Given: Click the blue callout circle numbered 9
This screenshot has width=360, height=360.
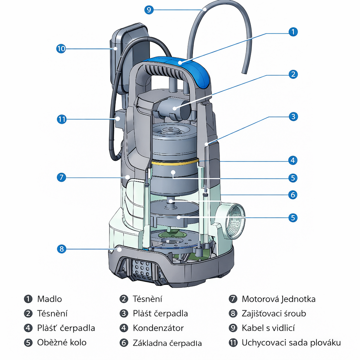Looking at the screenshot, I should coord(149,10).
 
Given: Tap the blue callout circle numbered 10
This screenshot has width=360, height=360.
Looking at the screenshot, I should coord(61,49).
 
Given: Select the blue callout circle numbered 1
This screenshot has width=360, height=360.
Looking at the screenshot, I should coord(293,32).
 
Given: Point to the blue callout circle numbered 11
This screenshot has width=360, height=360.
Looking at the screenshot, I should coord(62,119).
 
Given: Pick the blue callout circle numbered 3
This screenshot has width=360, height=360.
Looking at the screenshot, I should coord(293,116).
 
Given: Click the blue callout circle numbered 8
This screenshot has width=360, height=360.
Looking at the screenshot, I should coord(62,248).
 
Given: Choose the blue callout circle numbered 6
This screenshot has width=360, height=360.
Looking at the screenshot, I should coord(293,195).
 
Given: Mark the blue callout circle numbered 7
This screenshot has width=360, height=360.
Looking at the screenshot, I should coord(62,177).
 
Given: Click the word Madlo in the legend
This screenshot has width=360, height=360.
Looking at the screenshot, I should coord(50,299).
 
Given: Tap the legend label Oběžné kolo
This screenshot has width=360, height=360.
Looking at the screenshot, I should coord(62,343).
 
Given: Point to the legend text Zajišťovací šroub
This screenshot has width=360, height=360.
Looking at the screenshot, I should coord(274,314).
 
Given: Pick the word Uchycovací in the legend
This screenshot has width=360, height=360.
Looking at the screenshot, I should coord(263,343).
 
